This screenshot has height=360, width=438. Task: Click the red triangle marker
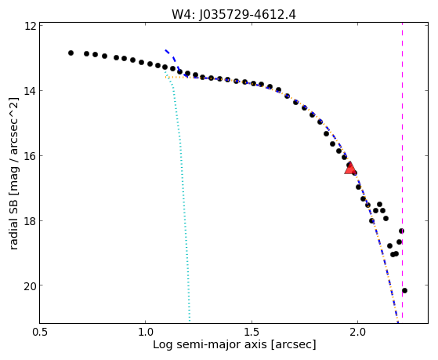[349, 168]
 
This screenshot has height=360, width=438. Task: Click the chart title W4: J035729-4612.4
[233, 15]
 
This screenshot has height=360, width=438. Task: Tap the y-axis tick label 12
[30, 26]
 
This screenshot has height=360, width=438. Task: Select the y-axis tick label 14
[30, 91]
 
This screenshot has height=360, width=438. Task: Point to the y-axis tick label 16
[30, 155]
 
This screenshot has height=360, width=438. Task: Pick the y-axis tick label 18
[30, 220]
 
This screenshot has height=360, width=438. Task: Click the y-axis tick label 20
[30, 285]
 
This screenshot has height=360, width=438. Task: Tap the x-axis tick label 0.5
[40, 332]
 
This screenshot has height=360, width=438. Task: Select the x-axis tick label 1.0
[146, 332]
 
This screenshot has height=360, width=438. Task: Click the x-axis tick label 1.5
[252, 332]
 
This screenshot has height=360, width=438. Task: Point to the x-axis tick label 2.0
[358, 332]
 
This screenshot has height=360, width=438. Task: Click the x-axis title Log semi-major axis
[210, 345]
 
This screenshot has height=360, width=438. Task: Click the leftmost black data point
[71, 53]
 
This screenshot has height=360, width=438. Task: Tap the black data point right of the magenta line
[404, 291]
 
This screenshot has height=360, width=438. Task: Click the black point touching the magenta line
[401, 231]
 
